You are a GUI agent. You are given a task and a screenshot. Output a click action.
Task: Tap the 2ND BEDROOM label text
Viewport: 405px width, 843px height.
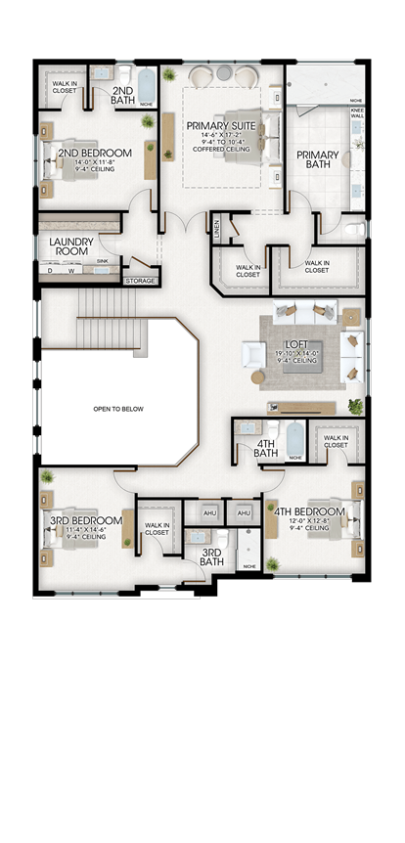pyautogui.click(x=94, y=154)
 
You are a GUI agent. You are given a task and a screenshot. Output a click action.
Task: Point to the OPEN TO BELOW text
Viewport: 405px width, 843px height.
pyautogui.click(x=118, y=409)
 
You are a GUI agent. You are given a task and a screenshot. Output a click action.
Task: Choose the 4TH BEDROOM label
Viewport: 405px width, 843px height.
pyautogui.click(x=309, y=511)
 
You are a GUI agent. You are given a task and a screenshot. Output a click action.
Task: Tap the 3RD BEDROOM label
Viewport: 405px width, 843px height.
pyautogui.click(x=86, y=520)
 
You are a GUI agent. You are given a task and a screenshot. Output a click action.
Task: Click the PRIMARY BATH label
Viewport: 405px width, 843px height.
pyautogui.click(x=318, y=160)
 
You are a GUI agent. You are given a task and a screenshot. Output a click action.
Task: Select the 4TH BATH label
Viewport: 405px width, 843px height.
pyautogui.click(x=266, y=448)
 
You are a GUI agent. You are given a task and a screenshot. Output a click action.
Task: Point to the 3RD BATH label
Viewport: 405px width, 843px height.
pyautogui.click(x=212, y=556)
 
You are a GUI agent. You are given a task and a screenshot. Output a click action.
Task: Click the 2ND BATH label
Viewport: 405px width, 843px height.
pyautogui.click(x=123, y=95)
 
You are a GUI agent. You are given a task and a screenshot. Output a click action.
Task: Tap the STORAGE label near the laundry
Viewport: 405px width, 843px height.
pyautogui.click(x=139, y=282)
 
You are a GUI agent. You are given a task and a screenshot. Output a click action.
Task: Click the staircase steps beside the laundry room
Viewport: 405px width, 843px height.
pyautogui.click(x=99, y=304)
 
